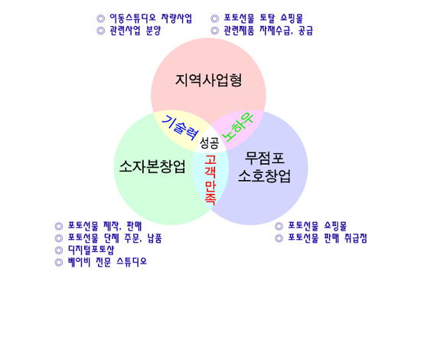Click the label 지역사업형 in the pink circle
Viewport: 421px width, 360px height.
(x=209, y=80)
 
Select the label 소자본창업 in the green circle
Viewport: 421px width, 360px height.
(x=152, y=166)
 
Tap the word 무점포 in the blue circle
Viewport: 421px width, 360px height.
(x=265, y=158)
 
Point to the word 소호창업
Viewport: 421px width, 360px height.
(x=265, y=176)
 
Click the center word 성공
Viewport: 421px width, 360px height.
(x=210, y=142)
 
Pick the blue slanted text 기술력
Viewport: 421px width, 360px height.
(x=180, y=128)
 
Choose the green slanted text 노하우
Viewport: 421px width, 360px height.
(x=238, y=127)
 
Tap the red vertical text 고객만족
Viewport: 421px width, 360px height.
(x=210, y=180)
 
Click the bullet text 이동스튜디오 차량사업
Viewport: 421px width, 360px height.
(x=151, y=18)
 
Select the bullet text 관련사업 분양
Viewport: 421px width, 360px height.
(x=135, y=31)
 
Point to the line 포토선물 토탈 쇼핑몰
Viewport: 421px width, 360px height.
(x=263, y=18)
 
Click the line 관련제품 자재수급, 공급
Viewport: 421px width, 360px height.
(x=269, y=31)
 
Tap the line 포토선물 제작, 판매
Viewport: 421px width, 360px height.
(x=105, y=226)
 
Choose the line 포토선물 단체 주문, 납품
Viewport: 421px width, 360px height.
(x=115, y=238)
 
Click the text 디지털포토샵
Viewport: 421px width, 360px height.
(x=91, y=250)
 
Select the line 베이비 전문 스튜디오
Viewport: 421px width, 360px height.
(x=107, y=262)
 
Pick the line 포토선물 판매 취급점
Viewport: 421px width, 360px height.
(x=328, y=238)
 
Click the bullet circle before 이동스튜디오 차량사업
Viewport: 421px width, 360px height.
(x=101, y=18)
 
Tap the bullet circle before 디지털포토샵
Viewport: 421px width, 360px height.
(x=59, y=250)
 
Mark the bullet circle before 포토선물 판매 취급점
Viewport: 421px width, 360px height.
(x=279, y=238)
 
